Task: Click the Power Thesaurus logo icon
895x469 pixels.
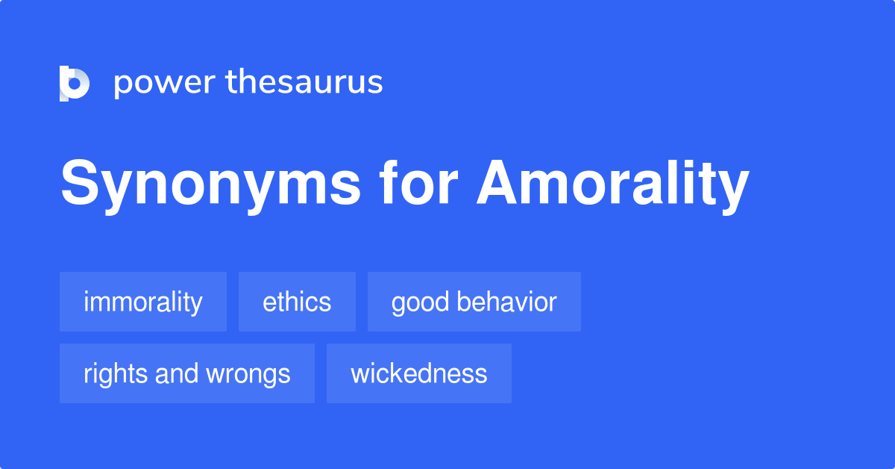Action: [75, 83]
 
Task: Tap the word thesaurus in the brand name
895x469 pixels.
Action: [304, 81]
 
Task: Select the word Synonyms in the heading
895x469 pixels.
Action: [210, 184]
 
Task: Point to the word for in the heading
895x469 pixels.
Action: [418, 181]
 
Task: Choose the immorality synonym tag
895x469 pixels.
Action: [143, 302]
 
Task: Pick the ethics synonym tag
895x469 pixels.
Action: [297, 302]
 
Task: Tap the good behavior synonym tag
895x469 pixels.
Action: [474, 302]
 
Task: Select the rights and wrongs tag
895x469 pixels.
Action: [187, 373]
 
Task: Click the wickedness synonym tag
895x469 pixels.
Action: [418, 373]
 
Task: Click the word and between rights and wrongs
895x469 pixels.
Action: [176, 373]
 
